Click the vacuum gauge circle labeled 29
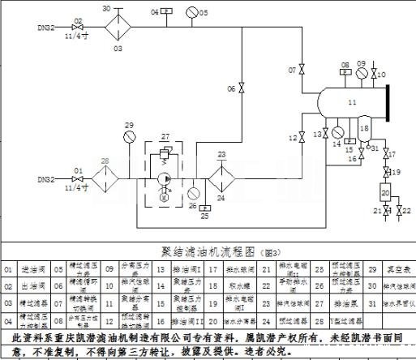129,137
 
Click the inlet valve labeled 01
77,179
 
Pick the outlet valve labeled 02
76,28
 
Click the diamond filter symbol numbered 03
118,28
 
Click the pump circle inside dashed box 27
165,178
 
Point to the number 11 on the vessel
351,103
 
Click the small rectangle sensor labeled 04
166,11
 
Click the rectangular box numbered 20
384,191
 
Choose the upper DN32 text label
46,28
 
